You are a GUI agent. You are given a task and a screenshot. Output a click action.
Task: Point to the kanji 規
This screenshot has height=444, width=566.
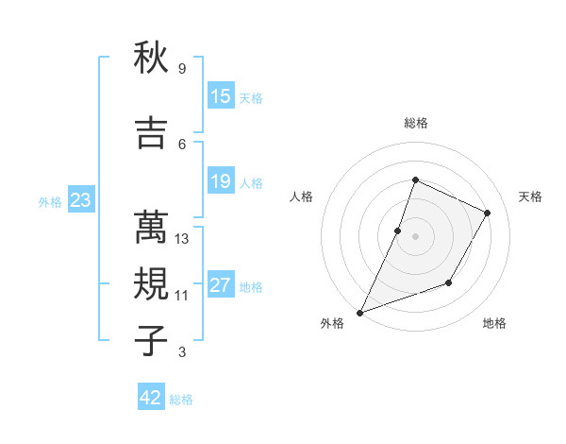point(151,283)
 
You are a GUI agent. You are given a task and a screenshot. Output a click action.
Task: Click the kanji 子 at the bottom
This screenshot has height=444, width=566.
point(151,340)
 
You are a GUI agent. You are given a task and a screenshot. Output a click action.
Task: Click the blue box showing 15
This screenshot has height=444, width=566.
point(220,96)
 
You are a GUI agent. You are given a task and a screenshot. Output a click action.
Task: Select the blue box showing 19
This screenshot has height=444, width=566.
point(220,181)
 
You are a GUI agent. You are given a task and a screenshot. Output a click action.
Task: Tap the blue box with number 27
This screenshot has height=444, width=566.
point(220,285)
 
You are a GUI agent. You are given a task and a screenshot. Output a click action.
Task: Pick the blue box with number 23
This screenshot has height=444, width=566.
point(80,200)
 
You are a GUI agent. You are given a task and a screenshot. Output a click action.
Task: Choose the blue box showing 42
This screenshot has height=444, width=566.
point(151,398)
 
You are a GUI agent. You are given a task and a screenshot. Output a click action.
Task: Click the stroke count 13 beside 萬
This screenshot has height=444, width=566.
point(182,239)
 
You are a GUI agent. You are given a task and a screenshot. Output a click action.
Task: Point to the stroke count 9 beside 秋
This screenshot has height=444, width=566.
point(182,68)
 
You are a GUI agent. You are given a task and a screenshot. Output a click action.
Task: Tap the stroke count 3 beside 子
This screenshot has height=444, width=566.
point(182,352)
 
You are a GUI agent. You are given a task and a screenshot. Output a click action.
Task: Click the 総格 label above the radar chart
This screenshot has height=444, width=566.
point(415,123)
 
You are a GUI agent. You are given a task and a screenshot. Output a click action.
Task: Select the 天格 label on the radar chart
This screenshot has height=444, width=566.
point(530,196)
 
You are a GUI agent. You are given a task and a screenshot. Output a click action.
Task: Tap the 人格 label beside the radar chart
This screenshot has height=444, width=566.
point(301,196)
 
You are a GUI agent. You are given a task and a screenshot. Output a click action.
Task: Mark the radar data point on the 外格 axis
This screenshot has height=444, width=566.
point(359,312)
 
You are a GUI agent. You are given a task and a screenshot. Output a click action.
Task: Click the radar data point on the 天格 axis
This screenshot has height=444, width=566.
point(488,213)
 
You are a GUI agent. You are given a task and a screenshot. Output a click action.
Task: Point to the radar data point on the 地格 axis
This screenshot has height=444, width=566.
point(449,282)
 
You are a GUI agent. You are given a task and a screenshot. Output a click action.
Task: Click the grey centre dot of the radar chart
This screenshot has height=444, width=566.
point(415,236)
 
